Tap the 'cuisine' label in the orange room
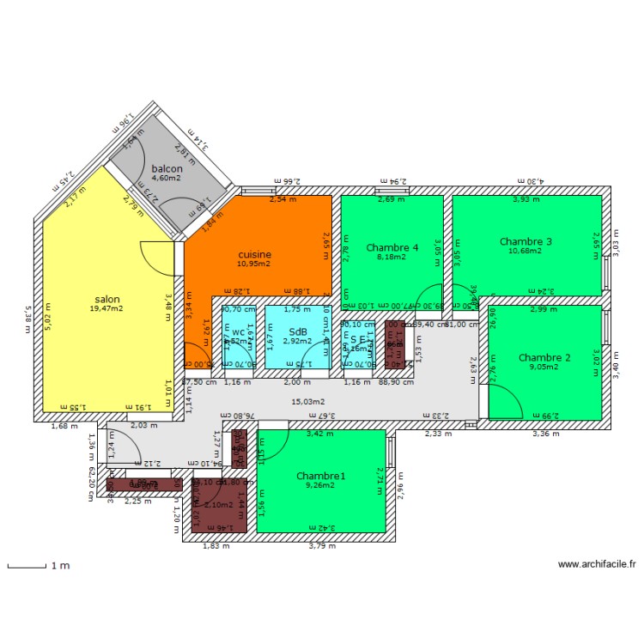coord(255,254)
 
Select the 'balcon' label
coord(167,169)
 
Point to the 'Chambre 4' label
coord(392,248)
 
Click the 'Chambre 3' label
coord(526,241)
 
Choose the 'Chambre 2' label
coord(544,357)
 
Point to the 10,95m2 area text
coord(255,264)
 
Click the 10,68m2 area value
coord(526,251)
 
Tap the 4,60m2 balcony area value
coord(167,179)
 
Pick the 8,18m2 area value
coord(392,257)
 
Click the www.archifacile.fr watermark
coord(597,564)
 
